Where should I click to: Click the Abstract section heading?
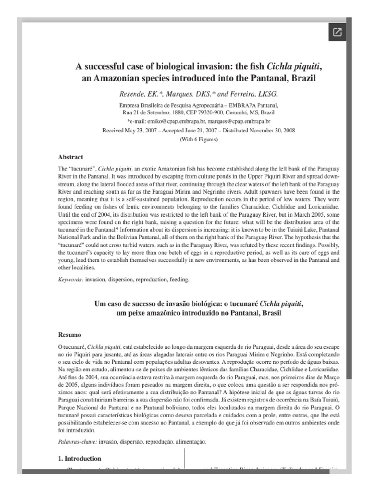[x=71, y=157]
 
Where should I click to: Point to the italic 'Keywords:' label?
[x=71, y=279]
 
